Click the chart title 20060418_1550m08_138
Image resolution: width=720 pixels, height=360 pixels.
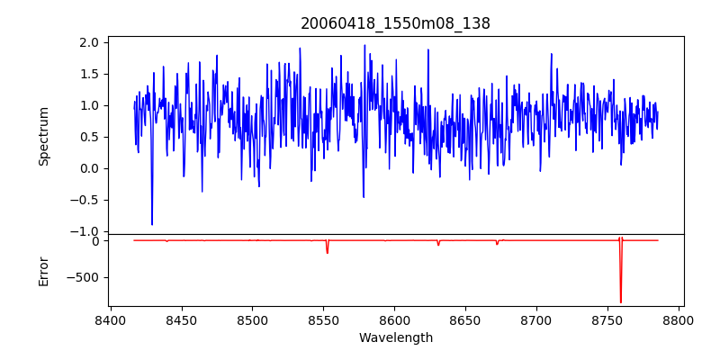click(395, 23)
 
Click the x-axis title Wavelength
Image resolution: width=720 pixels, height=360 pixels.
click(395, 337)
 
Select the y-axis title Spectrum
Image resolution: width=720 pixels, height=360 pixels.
click(43, 136)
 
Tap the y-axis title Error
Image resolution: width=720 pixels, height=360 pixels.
click(43, 271)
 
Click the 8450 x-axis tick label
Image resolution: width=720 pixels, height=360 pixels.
click(182, 319)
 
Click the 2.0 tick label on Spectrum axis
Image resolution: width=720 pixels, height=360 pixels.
click(88, 42)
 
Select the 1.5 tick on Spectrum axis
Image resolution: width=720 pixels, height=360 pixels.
click(88, 74)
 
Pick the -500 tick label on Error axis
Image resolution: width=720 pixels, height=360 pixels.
click(83, 277)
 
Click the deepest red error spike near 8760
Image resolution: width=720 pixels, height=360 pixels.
click(620, 301)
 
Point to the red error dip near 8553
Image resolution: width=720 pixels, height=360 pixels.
click(327, 253)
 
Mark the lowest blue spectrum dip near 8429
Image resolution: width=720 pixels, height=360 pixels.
click(152, 224)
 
